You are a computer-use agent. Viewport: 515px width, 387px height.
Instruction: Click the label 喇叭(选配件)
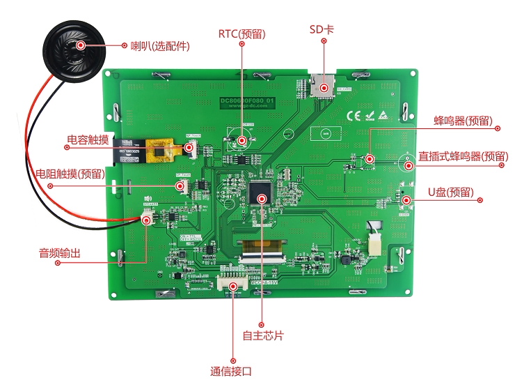[x=159, y=46]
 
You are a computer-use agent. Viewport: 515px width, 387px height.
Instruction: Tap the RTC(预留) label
[x=241, y=33]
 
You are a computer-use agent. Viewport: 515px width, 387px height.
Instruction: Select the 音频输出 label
[x=59, y=253]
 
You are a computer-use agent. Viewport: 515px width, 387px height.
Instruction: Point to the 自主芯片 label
[x=262, y=335]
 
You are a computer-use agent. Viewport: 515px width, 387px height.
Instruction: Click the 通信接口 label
[x=232, y=371]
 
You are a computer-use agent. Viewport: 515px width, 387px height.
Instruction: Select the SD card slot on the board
[x=323, y=85]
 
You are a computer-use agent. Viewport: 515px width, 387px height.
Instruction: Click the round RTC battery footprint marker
[x=241, y=140]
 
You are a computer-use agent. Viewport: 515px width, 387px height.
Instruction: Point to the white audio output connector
[x=147, y=219]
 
